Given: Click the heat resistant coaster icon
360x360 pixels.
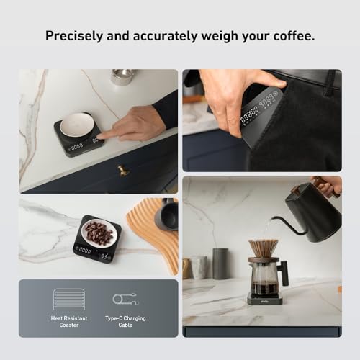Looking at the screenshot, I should pyautogui.click(x=69, y=299).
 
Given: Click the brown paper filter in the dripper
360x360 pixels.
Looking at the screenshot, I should pyautogui.click(x=264, y=248).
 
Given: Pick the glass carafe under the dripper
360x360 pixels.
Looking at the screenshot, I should pyautogui.click(x=264, y=277).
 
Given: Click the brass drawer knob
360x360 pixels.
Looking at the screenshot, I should pyautogui.click(x=123, y=171).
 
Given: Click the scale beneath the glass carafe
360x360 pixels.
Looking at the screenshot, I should pyautogui.click(x=264, y=298).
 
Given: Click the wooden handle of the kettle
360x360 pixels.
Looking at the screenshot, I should pyautogui.click(x=328, y=185).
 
